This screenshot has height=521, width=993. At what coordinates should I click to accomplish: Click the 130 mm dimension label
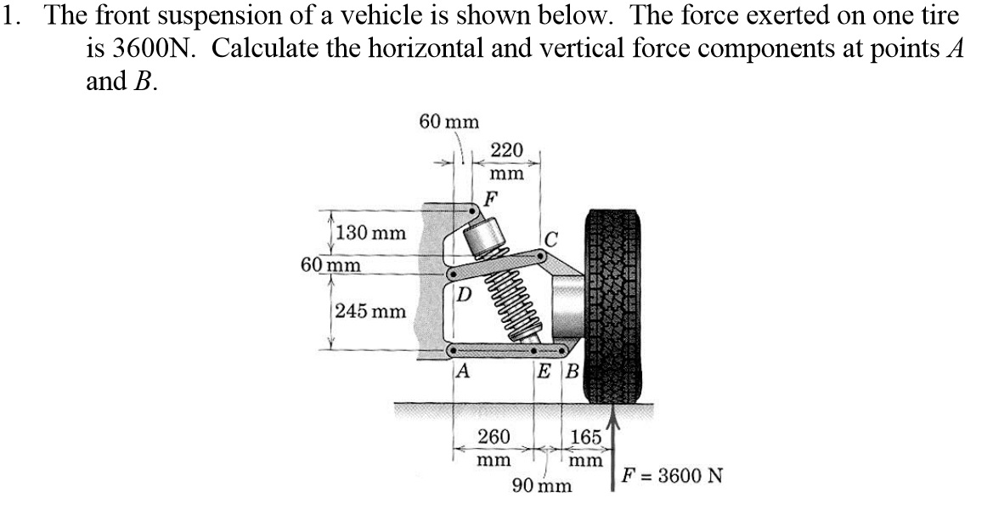371,233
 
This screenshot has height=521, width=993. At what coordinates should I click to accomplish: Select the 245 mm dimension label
371,312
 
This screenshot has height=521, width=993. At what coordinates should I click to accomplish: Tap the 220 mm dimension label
507,161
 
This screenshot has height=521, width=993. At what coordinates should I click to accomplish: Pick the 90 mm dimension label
542,487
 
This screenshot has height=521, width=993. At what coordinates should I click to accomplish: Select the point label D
464,296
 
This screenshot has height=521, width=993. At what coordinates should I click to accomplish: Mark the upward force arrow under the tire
614,451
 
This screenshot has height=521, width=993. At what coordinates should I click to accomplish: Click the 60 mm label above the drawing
449,122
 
